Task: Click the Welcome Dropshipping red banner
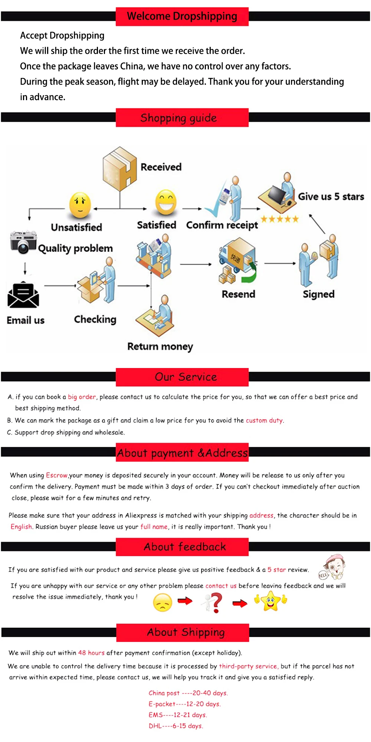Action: pyautogui.click(x=182, y=16)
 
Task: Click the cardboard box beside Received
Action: pyautogui.click(x=119, y=168)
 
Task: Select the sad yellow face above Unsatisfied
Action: pyautogui.click(x=80, y=205)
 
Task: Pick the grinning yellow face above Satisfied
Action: pyautogui.click(x=165, y=202)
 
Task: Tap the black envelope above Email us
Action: pyautogui.click(x=23, y=296)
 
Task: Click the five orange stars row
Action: pyautogui.click(x=279, y=219)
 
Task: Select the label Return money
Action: pyautogui.click(x=160, y=346)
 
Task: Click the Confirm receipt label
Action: pyautogui.click(x=222, y=225)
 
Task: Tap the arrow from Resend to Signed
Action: pyautogui.click(x=280, y=263)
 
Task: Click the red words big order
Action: pyautogui.click(x=82, y=397)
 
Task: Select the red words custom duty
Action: pyautogui.click(x=264, y=420)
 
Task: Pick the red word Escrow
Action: pyautogui.click(x=57, y=475)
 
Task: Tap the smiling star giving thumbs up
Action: pyautogui.click(x=270, y=601)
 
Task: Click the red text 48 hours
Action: pyautogui.click(x=91, y=653)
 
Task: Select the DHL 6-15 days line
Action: pyautogui.click(x=176, y=726)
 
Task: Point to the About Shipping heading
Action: pyautogui.click(x=185, y=632)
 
